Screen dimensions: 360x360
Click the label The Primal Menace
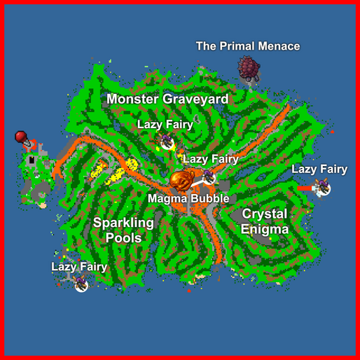tap(247, 46)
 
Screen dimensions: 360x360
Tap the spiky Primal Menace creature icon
tap(249, 69)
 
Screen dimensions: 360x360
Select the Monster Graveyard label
tap(167, 99)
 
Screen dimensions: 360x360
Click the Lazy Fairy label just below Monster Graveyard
tap(165, 124)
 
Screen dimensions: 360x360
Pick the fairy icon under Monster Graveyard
tap(167, 142)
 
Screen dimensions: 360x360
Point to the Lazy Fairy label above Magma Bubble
tap(211, 159)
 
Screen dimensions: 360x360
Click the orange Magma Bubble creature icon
tap(182, 181)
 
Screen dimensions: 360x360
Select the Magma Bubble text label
tap(188, 199)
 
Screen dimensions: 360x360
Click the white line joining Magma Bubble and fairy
tap(198, 181)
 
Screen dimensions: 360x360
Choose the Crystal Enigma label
tap(264, 221)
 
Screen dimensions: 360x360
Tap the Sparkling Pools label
tap(123, 230)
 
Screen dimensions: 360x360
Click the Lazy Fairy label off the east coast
tap(319, 169)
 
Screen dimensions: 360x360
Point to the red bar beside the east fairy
tap(305, 188)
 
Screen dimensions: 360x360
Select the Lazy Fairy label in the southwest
tap(79, 267)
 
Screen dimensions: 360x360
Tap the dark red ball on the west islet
tap(21, 136)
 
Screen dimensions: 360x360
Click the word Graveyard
tap(195, 99)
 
